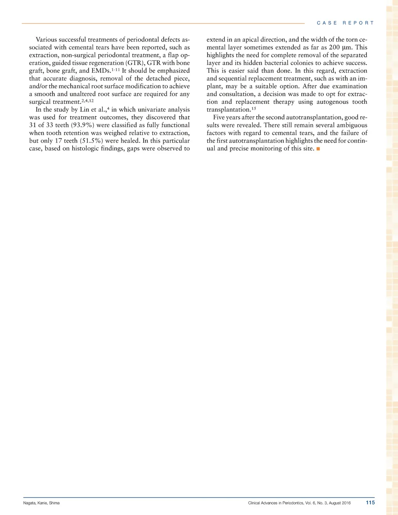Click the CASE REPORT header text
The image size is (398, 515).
[x=345, y=23]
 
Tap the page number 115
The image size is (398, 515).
[x=370, y=503]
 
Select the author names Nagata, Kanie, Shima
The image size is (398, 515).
[x=42, y=503]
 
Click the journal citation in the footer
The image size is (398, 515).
[x=299, y=503]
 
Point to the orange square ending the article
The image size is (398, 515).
[x=318, y=149]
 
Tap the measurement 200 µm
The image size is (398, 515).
[x=340, y=47]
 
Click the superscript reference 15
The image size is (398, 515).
[x=253, y=108]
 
